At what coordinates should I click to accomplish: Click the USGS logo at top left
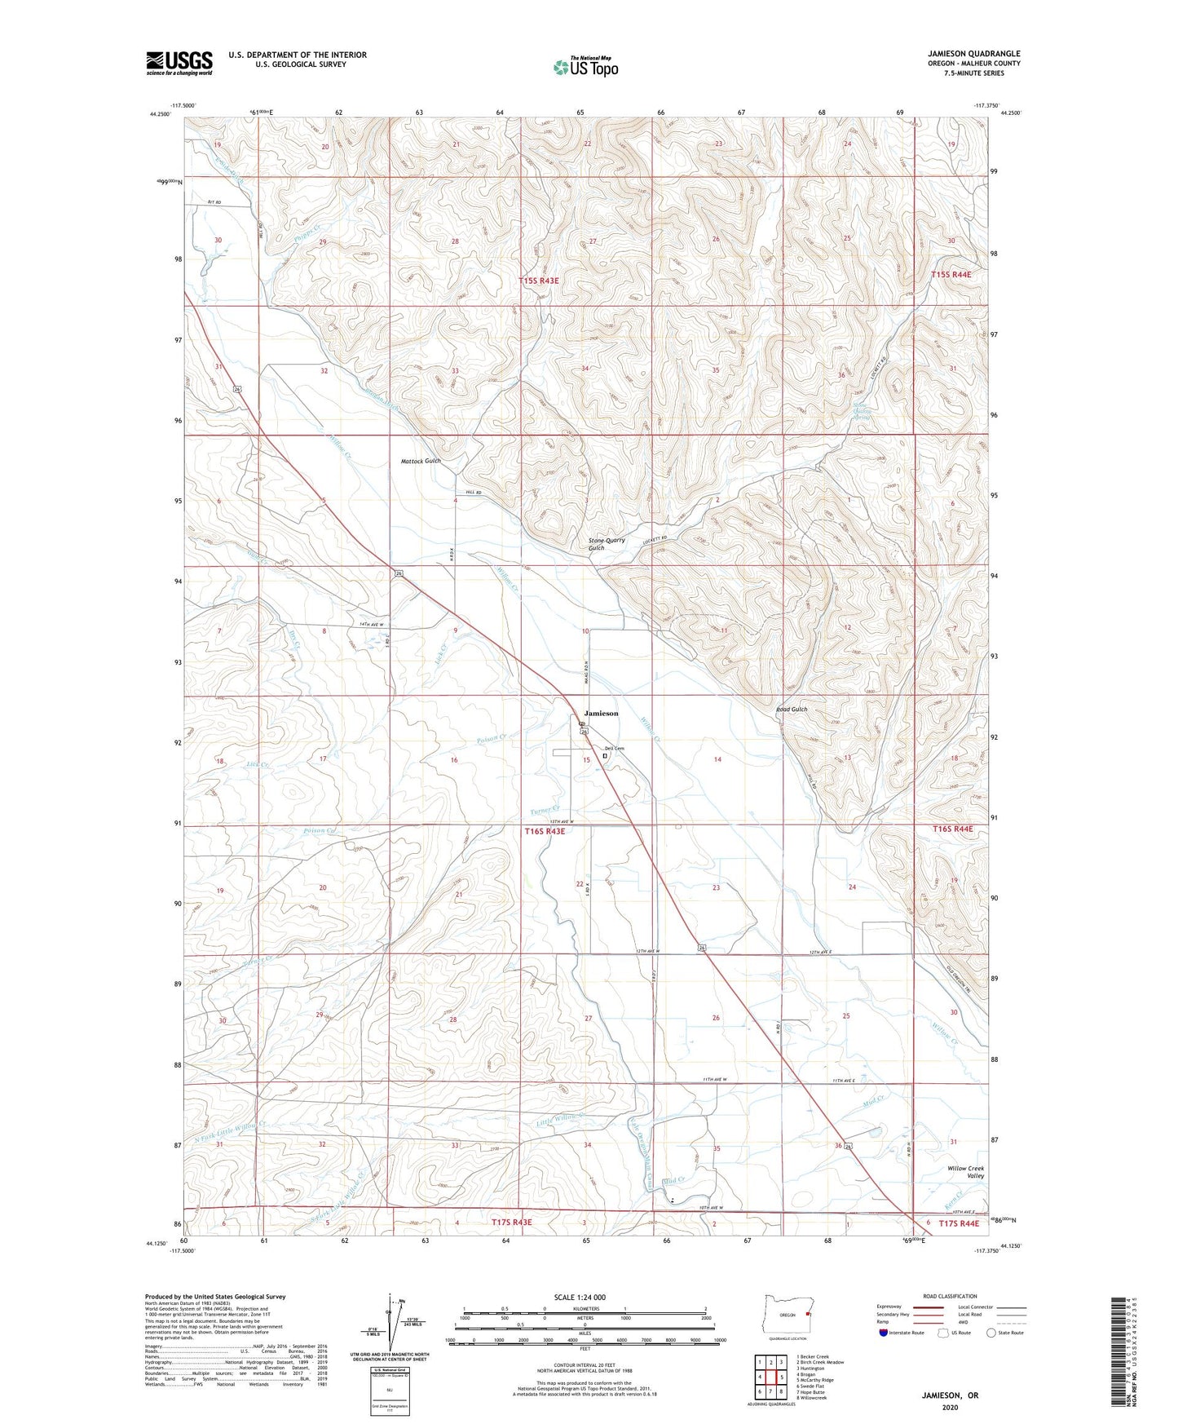pyautogui.click(x=179, y=62)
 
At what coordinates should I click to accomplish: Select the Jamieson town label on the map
pyautogui.click(x=601, y=713)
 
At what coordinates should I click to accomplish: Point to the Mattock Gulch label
pyautogui.click(x=421, y=461)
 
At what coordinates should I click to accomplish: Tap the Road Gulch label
pyautogui.click(x=791, y=709)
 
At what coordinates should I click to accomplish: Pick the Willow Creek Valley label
pyautogui.click(x=966, y=1172)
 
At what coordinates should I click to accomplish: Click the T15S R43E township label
pyautogui.click(x=539, y=281)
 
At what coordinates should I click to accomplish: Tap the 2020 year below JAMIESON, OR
pyautogui.click(x=950, y=1407)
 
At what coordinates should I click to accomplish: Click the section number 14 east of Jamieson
pyautogui.click(x=717, y=759)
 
